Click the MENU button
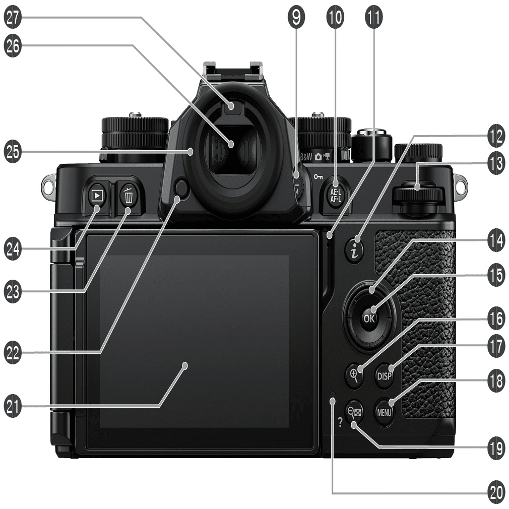(x=384, y=412)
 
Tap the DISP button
(x=385, y=376)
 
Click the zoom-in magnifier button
(x=354, y=374)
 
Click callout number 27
(x=13, y=17)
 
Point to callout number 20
(x=496, y=493)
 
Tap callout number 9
(x=296, y=17)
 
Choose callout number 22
(x=13, y=353)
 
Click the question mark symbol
(x=340, y=422)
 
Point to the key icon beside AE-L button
(x=318, y=177)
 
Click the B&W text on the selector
(x=306, y=157)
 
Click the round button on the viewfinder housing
(x=181, y=189)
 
